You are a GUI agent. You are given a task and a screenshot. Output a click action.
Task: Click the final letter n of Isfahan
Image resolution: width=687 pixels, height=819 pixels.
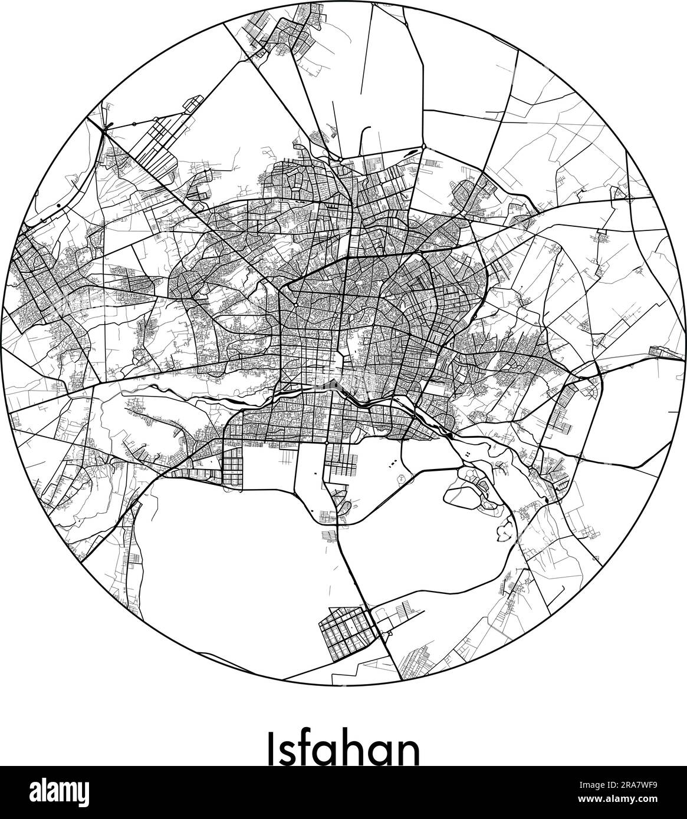pos(409,751)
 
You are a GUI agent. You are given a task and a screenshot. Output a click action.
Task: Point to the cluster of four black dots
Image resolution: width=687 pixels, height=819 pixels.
pos(466,454)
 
